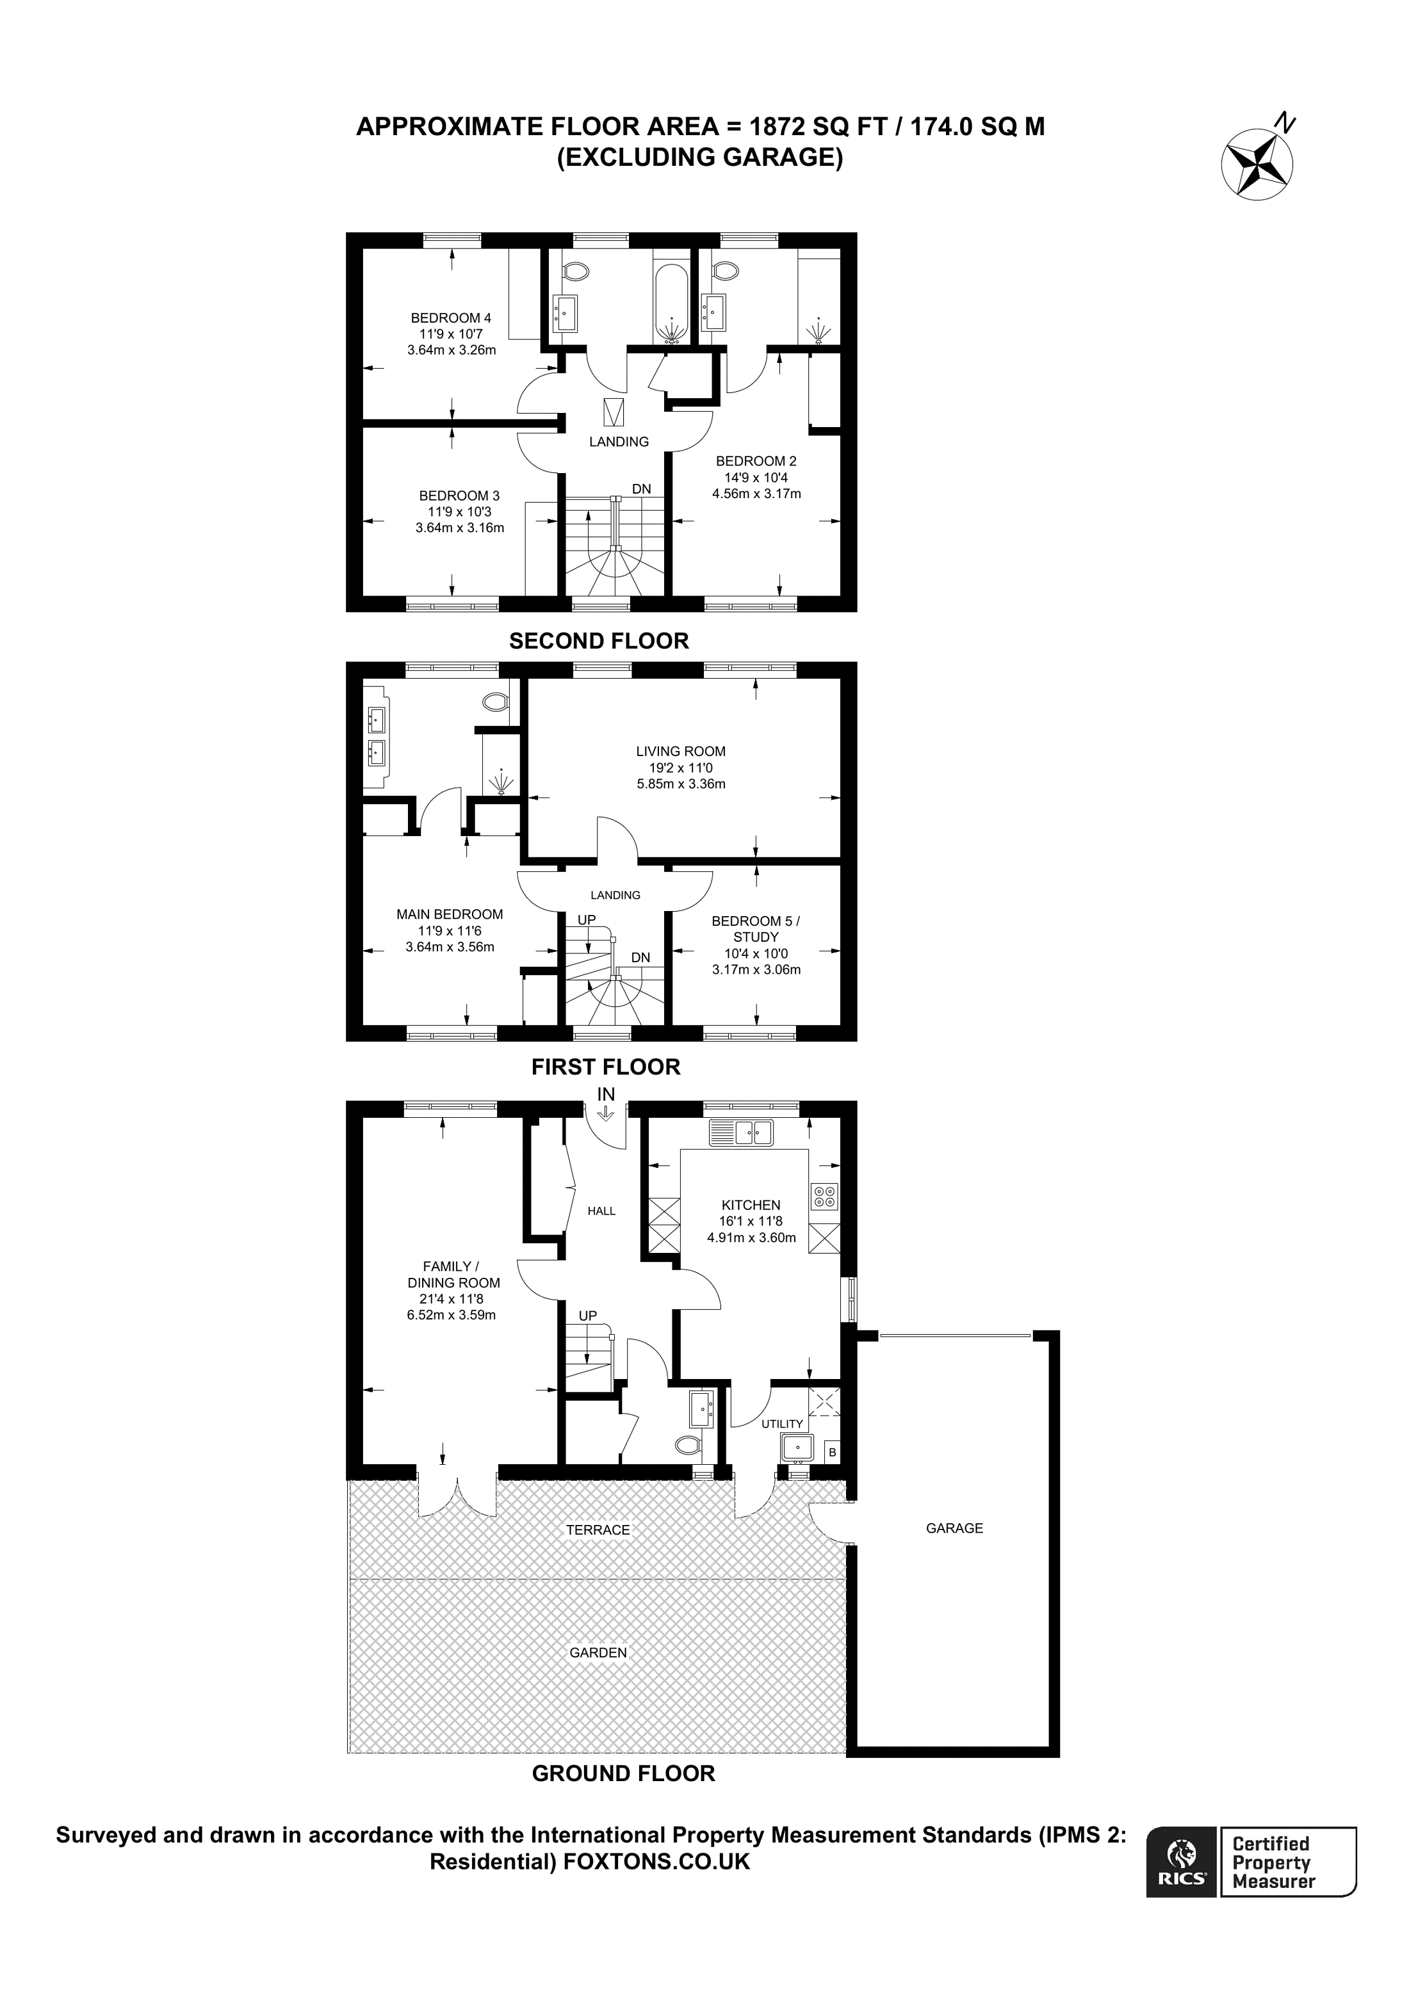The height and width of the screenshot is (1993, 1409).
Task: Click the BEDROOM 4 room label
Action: (451, 318)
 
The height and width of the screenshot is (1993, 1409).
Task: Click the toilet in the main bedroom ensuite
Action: (496, 700)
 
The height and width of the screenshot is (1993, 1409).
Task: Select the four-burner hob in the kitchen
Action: (824, 1197)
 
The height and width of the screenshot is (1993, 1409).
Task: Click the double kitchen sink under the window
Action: (742, 1132)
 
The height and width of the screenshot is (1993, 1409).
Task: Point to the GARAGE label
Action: (954, 1528)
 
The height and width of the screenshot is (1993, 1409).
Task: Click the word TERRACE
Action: (598, 1529)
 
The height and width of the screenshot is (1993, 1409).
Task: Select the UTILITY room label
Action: (782, 1424)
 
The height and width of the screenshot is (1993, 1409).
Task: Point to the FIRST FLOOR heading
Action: (605, 1067)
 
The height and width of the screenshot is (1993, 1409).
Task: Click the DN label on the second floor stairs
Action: (640, 488)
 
